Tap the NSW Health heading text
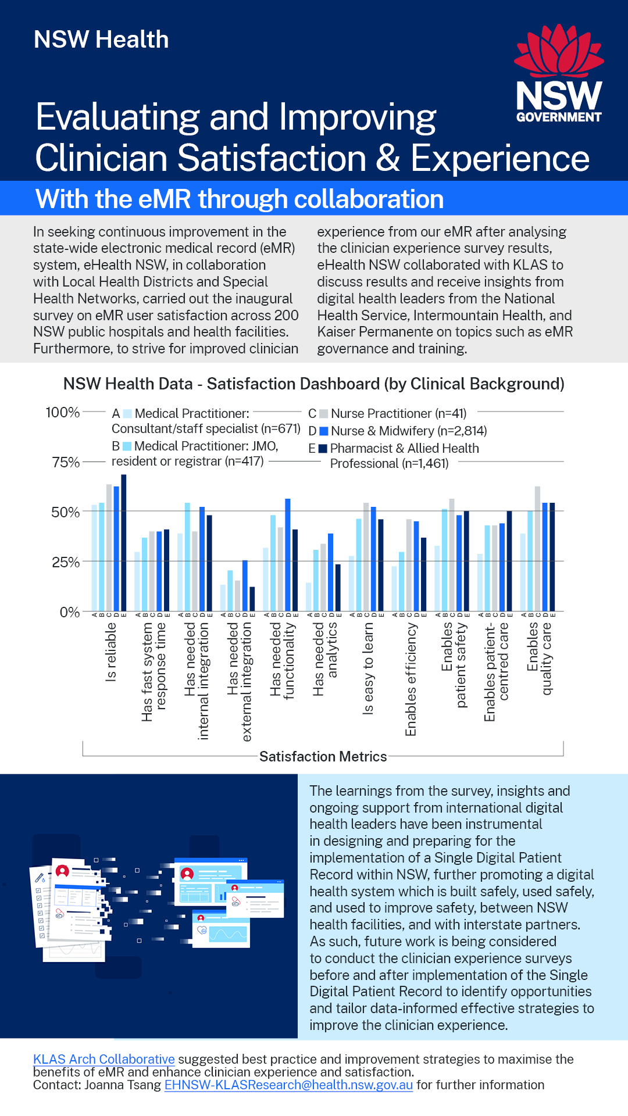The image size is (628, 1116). click(101, 40)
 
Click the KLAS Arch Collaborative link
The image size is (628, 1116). click(104, 1059)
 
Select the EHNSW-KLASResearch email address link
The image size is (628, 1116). click(288, 1085)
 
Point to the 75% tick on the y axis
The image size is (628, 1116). click(66, 462)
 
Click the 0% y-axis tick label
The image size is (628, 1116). click(69, 612)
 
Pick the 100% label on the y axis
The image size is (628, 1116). click(63, 413)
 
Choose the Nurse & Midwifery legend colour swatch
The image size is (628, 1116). click(324, 431)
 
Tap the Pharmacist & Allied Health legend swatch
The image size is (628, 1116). click(323, 448)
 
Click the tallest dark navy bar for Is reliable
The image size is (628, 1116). click(123, 543)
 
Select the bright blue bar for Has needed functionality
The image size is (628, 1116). click(287, 555)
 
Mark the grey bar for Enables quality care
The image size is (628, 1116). click(538, 549)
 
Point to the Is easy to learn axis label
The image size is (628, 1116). click(368, 668)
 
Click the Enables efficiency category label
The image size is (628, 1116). click(411, 679)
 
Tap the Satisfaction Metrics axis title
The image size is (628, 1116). click(323, 756)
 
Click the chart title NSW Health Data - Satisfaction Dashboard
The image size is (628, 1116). click(313, 384)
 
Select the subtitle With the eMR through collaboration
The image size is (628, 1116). click(240, 199)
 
